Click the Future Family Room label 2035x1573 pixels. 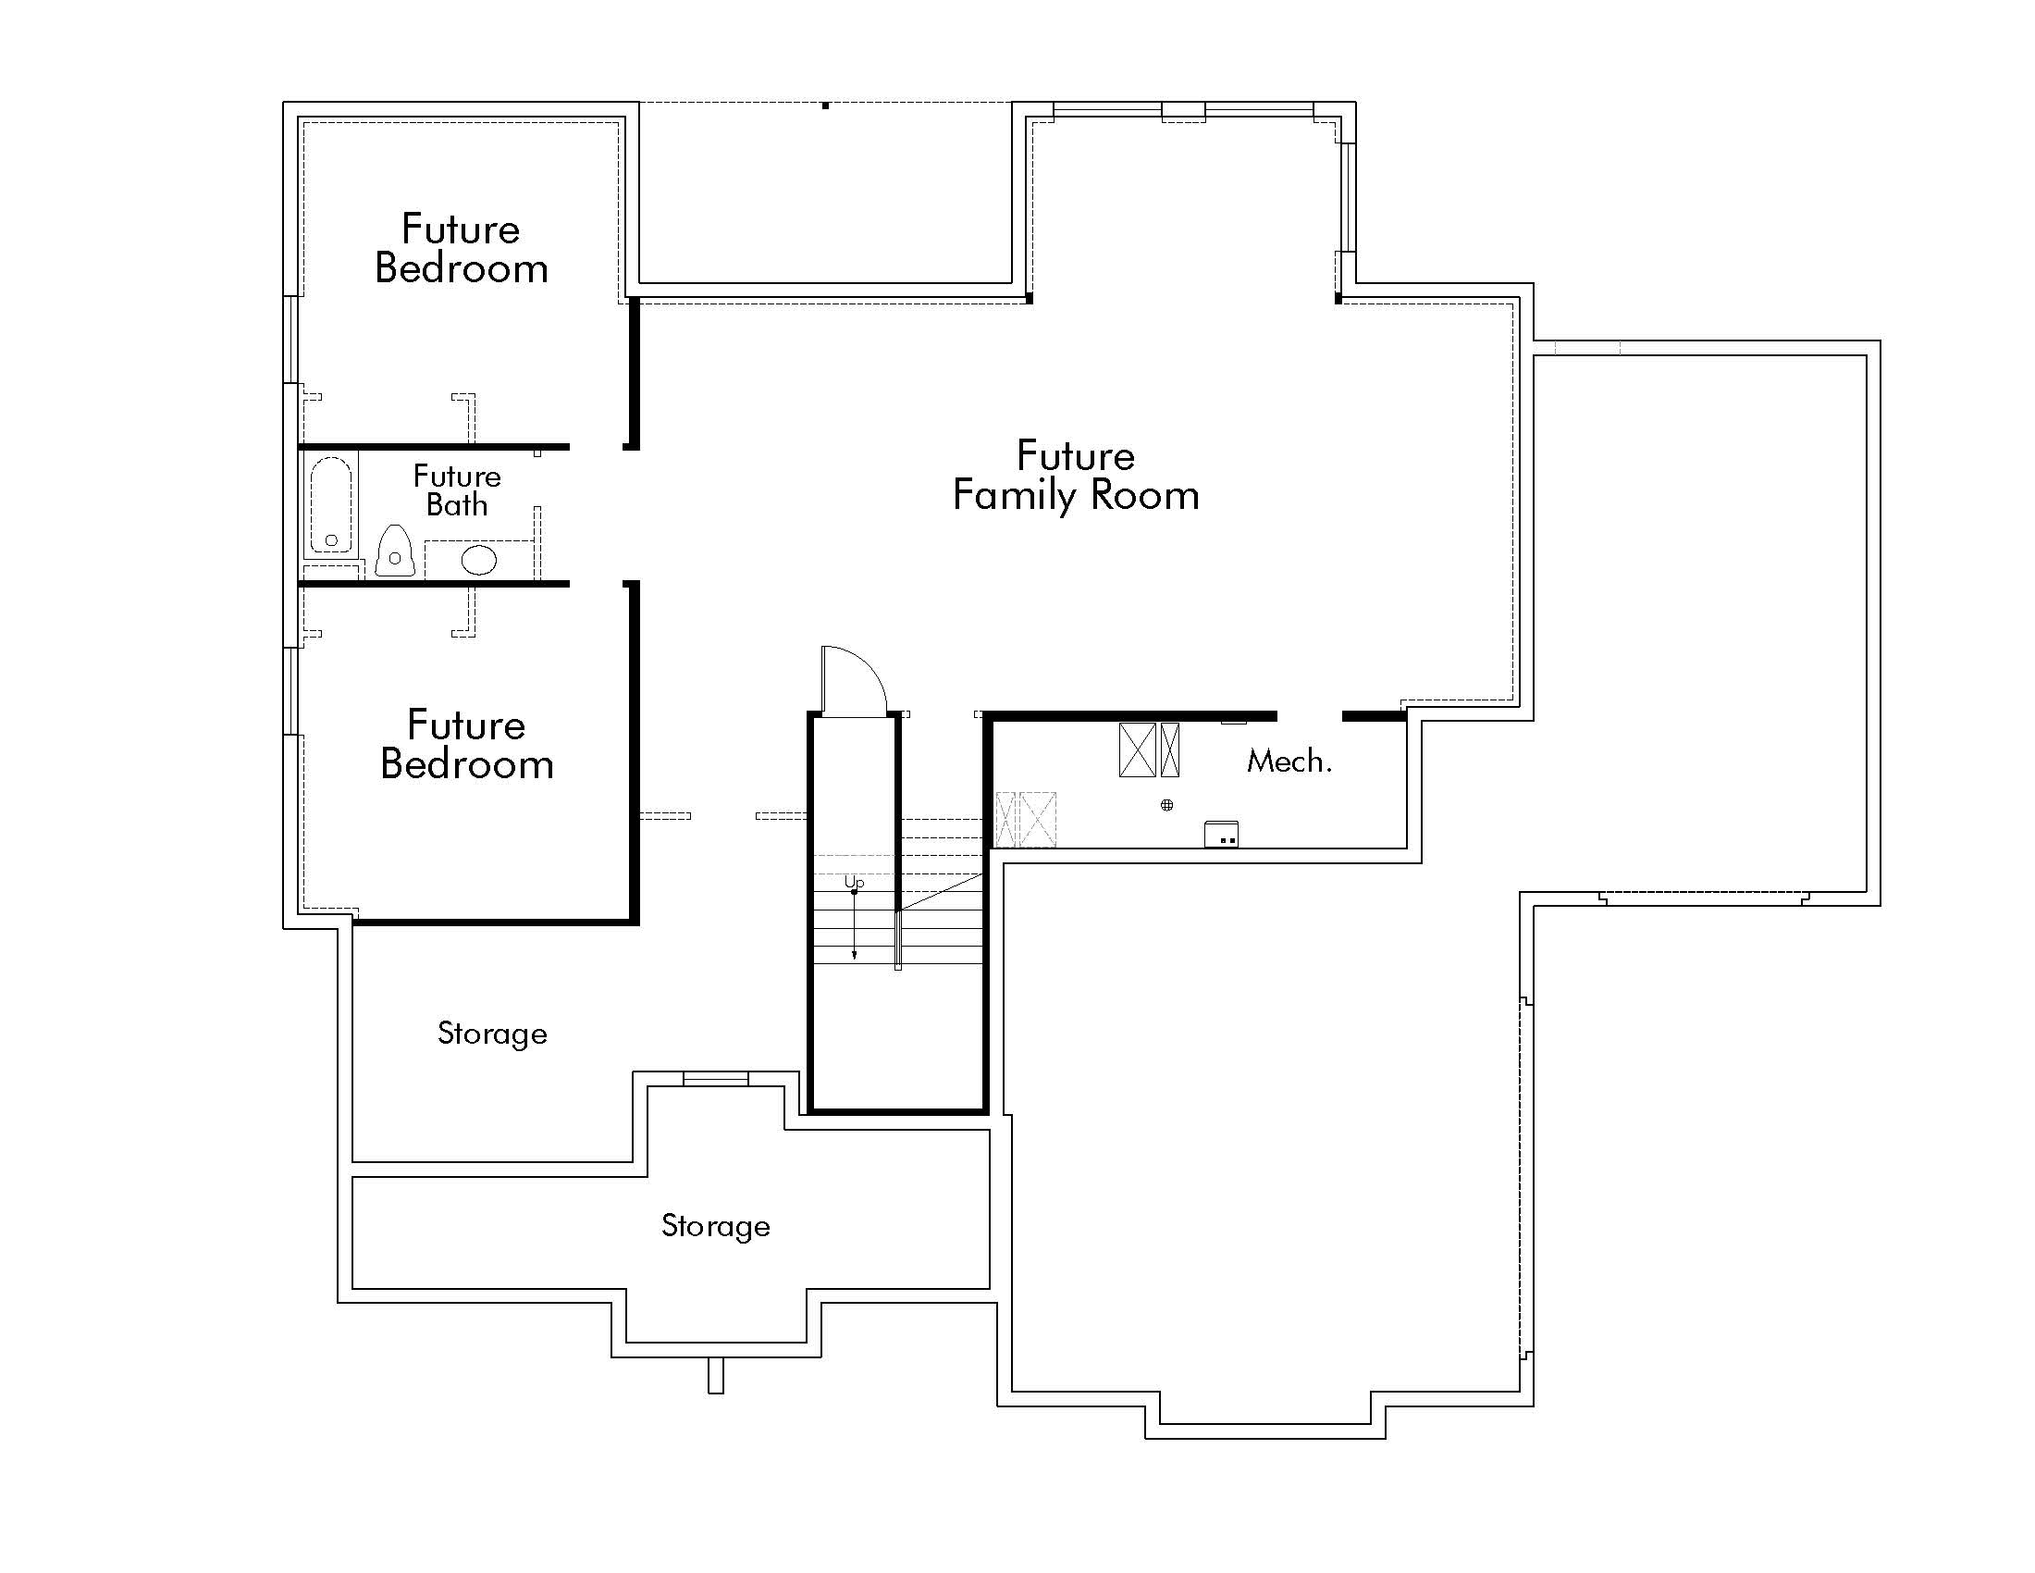coord(1075,477)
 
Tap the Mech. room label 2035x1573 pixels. coord(1289,762)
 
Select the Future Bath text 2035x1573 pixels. coord(457,491)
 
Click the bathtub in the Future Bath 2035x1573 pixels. coord(331,504)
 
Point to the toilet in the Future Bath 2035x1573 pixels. coord(395,551)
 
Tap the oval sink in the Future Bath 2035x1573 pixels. coord(479,560)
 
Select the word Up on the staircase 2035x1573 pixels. coord(854,882)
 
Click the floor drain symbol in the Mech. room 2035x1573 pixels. coord(1166,805)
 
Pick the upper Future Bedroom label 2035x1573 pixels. coord(462,249)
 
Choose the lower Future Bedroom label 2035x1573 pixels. coord(467,745)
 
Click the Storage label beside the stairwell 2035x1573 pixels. coord(492,1034)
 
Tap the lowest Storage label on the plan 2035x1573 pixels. coord(716,1225)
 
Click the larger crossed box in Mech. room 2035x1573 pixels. coord(1137,749)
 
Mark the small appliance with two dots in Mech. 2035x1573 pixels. coord(1222,834)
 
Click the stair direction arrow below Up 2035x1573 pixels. coord(855,927)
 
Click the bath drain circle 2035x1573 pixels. coord(331,540)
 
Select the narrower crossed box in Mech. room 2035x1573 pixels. coord(1170,749)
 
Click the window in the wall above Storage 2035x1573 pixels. coord(716,1078)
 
